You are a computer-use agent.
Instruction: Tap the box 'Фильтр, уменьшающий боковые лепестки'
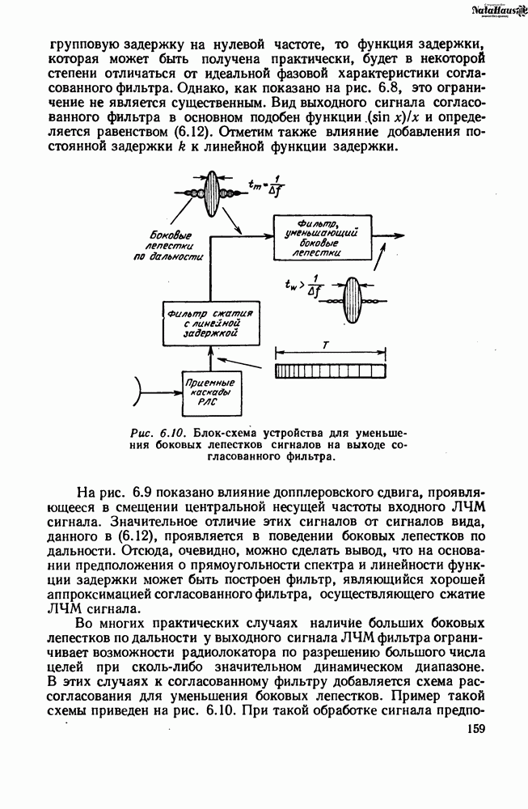324,236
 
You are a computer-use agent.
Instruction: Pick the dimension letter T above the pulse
326,344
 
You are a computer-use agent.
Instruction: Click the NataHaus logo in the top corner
492,10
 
